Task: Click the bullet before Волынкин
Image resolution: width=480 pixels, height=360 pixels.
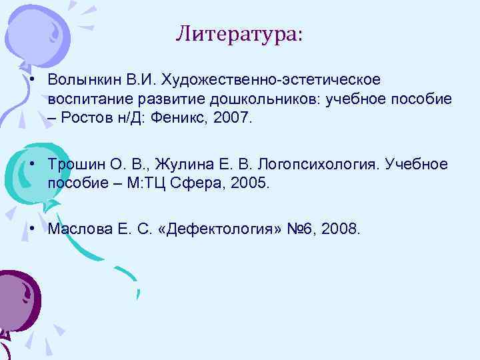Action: point(32,80)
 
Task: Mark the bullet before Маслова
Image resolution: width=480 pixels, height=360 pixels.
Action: point(32,229)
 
